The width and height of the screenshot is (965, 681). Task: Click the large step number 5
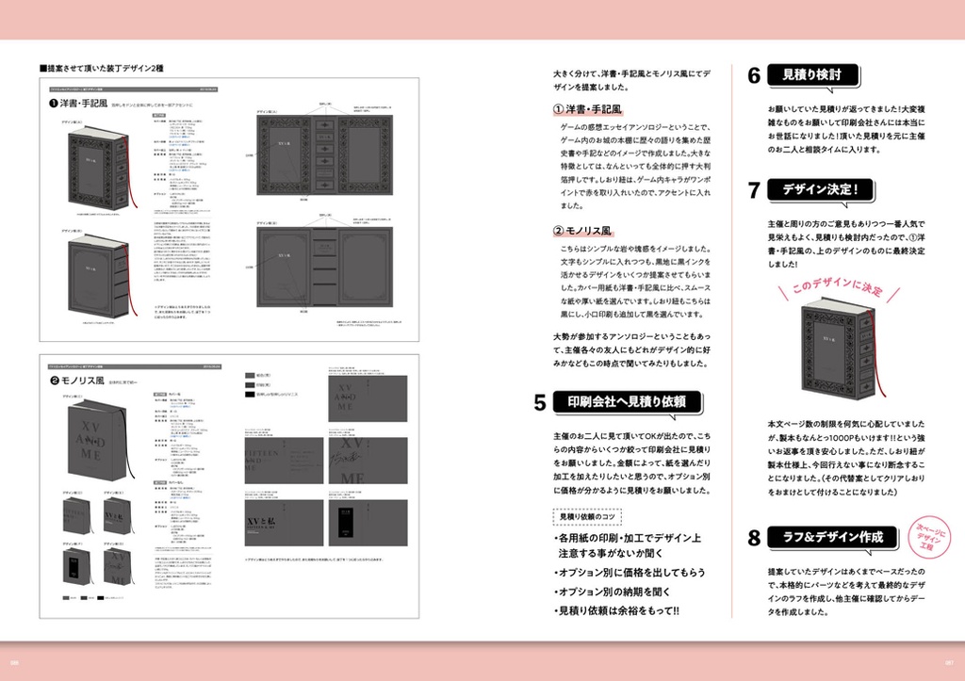point(540,403)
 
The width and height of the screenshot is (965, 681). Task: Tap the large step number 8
point(754,539)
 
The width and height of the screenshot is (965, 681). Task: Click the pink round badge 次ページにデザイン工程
point(925,536)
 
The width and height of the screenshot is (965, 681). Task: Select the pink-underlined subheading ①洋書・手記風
point(594,109)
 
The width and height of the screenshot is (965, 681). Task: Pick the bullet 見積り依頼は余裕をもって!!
point(618,610)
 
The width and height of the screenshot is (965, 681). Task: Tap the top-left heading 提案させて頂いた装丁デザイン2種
point(102,69)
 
